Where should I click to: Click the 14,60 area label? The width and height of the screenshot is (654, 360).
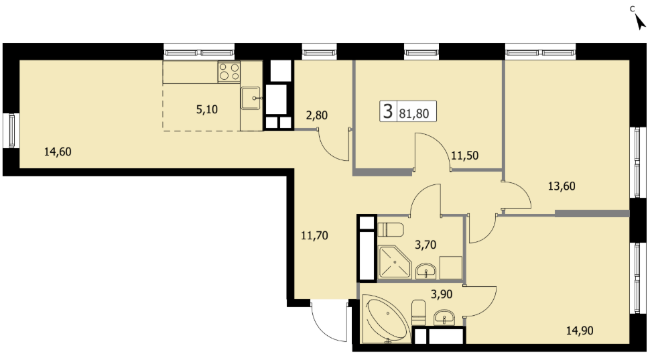(x=58, y=152)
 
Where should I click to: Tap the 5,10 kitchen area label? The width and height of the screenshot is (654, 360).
(x=207, y=110)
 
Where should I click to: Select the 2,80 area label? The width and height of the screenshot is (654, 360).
(x=316, y=115)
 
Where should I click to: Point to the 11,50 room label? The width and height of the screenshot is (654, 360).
(x=464, y=156)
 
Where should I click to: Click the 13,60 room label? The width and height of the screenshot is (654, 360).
(x=562, y=186)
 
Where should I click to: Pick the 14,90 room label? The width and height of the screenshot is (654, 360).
(x=580, y=331)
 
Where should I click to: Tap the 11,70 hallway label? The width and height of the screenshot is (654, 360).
(x=314, y=236)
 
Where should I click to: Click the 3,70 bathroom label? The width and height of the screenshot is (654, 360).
(x=426, y=245)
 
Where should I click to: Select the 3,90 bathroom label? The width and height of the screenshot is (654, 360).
(x=442, y=294)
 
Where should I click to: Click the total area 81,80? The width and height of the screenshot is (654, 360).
(x=413, y=114)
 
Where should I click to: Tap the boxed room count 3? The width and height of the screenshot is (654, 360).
(x=388, y=111)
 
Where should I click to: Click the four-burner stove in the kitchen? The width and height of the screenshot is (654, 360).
(x=229, y=72)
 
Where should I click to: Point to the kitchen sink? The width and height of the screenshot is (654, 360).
(x=251, y=99)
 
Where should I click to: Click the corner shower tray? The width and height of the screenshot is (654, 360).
(x=394, y=262)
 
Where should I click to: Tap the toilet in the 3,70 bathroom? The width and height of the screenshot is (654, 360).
(x=391, y=230)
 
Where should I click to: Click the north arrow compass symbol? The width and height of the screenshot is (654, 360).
(x=639, y=21)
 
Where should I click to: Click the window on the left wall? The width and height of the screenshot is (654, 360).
(x=11, y=131)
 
